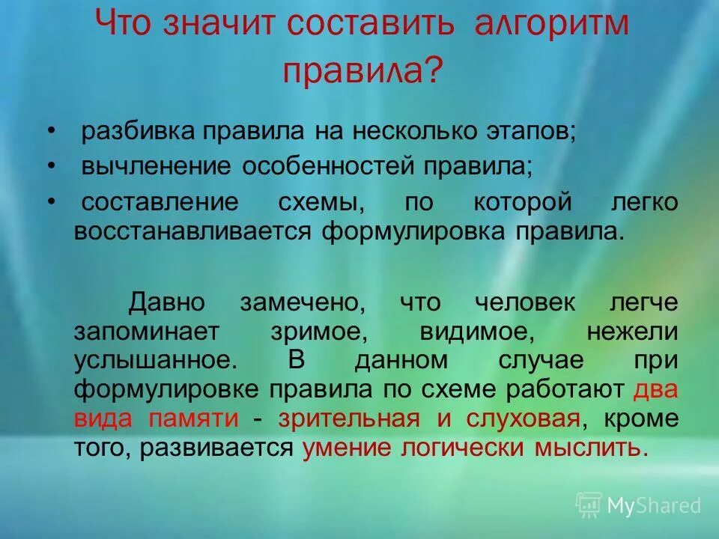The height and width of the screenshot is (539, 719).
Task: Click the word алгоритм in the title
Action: pyautogui.click(x=552, y=25)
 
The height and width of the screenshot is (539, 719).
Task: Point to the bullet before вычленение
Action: pyautogui.click(x=52, y=166)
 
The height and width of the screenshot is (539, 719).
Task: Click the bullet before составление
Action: pyautogui.click(x=52, y=201)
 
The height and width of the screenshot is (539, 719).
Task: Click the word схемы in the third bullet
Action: pyautogui.click(x=330, y=202)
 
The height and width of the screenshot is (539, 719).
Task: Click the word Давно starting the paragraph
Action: pyautogui.click(x=166, y=303)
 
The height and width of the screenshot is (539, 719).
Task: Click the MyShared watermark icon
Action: pyautogui.click(x=588, y=505)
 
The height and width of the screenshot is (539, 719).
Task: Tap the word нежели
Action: pyautogui.click(x=632, y=331)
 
